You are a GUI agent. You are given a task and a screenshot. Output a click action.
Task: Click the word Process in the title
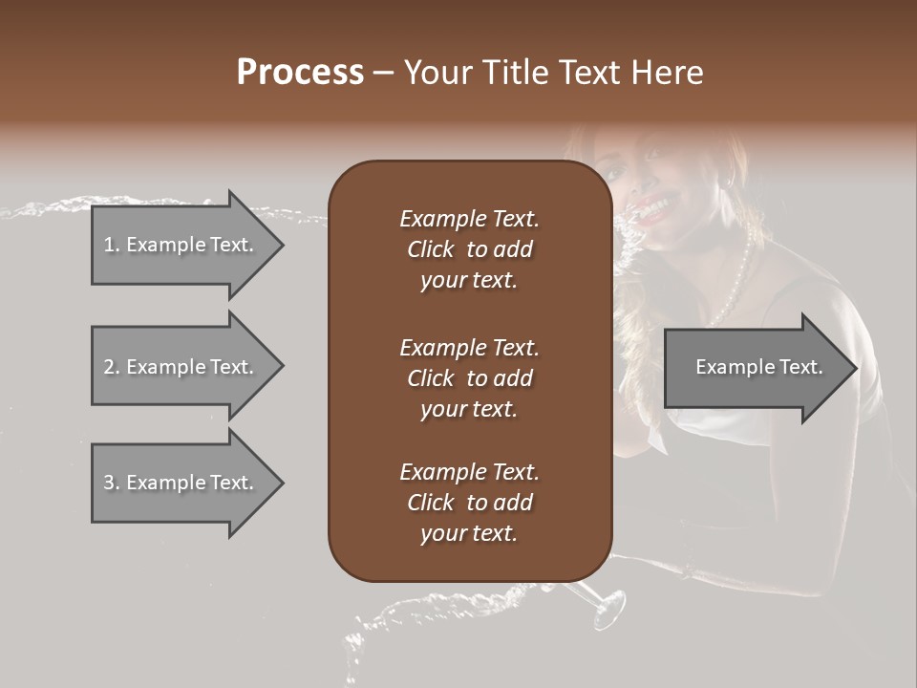(300, 72)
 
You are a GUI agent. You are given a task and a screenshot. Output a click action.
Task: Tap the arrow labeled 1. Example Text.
(181, 245)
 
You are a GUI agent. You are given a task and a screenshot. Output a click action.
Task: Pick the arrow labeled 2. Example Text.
(181, 367)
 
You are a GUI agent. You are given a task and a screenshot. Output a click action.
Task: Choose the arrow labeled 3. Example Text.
(181, 483)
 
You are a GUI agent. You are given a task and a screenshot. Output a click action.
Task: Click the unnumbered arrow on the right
(755, 367)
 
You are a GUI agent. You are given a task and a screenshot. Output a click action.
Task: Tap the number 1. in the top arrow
(112, 245)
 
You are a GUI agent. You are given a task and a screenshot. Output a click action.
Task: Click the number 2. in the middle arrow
(112, 367)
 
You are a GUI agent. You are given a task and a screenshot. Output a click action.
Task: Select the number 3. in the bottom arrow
(112, 483)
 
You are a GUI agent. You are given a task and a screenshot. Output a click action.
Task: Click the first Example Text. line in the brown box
(469, 219)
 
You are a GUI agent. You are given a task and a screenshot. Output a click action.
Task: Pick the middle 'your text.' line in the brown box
(469, 409)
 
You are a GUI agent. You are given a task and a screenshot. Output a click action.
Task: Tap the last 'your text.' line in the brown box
(469, 533)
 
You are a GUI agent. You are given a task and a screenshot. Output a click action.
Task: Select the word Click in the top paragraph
(431, 249)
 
